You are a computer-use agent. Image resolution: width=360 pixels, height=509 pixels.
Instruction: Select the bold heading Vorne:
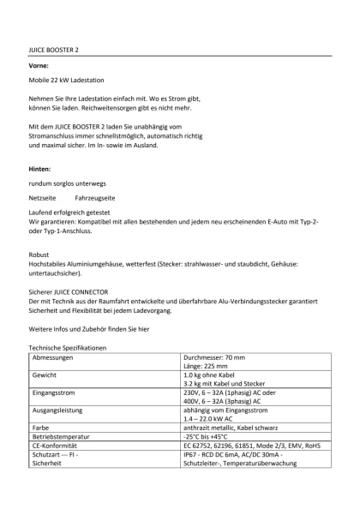pos(39,65)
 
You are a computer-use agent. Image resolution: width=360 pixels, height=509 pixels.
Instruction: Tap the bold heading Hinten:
pos(40,169)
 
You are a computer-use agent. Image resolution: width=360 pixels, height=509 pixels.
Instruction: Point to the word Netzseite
pos(42,197)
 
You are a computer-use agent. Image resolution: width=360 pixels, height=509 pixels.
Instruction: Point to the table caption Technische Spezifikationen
pos(68,349)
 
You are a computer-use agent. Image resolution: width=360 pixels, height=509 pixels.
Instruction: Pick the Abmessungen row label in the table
pos(52,357)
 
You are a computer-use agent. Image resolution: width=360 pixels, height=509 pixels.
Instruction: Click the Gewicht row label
pos(45,375)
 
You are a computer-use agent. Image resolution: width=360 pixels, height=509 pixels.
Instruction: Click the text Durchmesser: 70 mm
pos(214,357)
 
